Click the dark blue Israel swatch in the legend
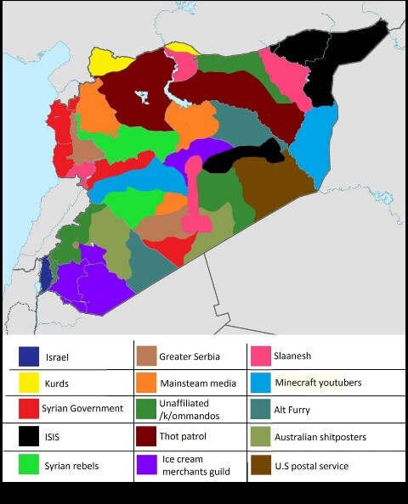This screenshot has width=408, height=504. coord(29,356)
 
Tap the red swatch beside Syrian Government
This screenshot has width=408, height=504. coord(29,409)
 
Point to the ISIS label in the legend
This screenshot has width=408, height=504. coord(54,439)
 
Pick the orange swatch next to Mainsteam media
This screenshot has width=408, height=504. coord(145,383)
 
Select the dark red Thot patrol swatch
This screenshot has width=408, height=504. coord(145,439)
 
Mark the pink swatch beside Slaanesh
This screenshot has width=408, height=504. coord(260,356)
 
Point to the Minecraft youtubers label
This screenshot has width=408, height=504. coord(318,383)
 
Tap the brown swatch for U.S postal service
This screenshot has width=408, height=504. coord(260,466)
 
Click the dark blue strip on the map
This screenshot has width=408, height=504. coord(44,272)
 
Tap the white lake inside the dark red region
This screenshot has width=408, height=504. coord(144,96)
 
